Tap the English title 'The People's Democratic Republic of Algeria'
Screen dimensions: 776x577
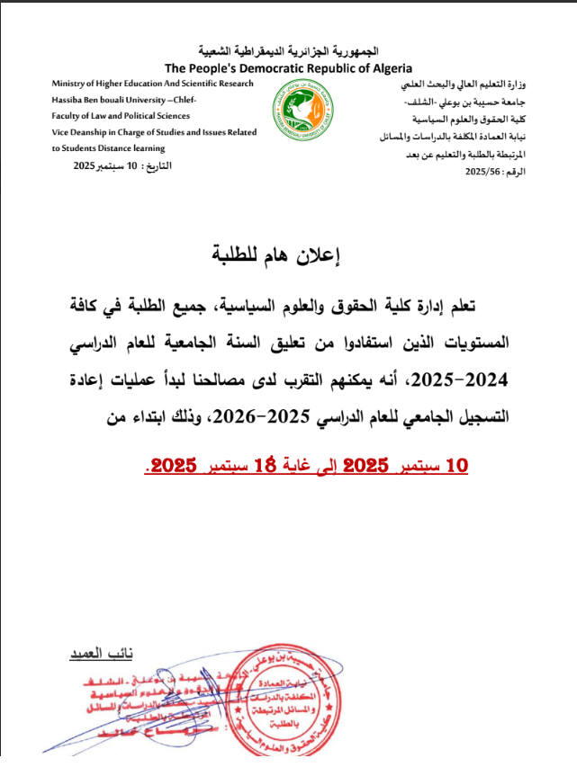point(288,67)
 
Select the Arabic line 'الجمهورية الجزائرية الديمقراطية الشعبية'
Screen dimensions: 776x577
point(288,50)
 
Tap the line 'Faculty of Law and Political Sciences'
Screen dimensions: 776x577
point(118,116)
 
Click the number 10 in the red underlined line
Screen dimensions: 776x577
point(458,465)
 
